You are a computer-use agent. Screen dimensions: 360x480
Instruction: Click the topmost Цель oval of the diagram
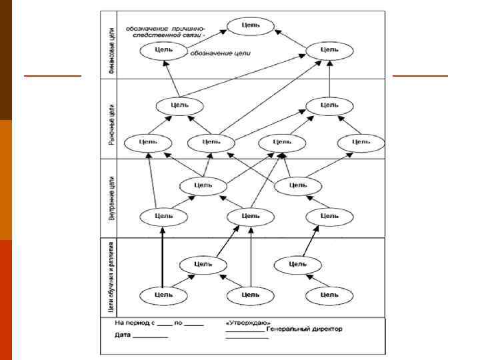(251, 25)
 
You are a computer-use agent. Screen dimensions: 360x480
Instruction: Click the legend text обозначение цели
(221, 53)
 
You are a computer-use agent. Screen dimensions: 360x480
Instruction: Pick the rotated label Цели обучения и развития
(111, 276)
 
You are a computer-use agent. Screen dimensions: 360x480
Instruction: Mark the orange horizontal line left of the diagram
(52, 75)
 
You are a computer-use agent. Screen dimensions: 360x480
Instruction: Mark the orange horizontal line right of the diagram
(420, 75)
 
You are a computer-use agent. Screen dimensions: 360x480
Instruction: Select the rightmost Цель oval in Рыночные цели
(361, 142)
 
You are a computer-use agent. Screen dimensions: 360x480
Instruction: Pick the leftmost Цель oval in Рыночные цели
(149, 141)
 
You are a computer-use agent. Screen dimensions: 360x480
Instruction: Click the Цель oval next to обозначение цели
(164, 50)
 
